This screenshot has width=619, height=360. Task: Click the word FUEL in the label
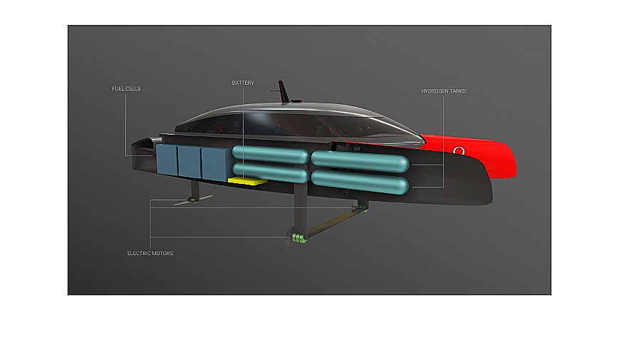coord(118,88)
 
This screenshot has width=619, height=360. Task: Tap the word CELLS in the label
coord(133,88)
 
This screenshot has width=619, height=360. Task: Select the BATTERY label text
coord(243,83)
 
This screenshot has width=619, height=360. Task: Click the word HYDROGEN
coord(434,91)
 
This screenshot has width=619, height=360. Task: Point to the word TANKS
coord(457,91)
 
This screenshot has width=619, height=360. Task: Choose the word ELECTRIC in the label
coord(138,253)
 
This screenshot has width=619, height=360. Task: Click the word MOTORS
coord(162,253)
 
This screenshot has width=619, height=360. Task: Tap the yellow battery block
coord(247,181)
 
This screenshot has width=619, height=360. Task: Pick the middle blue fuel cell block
coord(189,162)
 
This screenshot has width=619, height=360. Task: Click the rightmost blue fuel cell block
coord(217,164)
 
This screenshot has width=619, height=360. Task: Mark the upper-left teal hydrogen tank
coord(271,155)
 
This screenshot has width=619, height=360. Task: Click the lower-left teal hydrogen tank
coord(271,173)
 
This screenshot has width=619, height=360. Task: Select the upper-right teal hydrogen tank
coord(360,162)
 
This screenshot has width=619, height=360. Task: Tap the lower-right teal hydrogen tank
coord(360,182)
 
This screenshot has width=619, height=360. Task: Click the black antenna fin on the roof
coord(284,92)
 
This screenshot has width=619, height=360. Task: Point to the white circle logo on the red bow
coord(459,150)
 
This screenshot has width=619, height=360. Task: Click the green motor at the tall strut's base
coord(299,238)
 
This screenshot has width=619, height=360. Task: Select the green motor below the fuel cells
coord(192,200)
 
